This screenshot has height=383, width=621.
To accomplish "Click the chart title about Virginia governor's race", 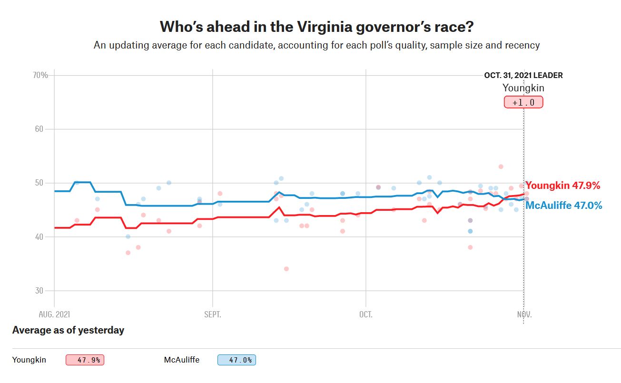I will (x=316, y=27).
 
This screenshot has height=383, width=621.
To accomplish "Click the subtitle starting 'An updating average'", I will (x=316, y=46).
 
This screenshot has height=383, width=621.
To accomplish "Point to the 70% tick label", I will (x=40, y=75).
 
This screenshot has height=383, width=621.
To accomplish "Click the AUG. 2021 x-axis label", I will (x=54, y=314).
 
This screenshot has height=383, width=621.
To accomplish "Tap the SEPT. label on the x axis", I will (x=212, y=314).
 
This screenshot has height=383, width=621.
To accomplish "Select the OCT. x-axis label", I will (x=365, y=314).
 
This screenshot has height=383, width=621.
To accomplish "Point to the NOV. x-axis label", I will (x=524, y=314).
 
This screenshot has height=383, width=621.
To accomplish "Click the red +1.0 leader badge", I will (x=523, y=102).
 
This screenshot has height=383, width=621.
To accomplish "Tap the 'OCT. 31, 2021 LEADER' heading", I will (x=523, y=75).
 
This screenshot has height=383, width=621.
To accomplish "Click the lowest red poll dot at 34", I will (x=286, y=269).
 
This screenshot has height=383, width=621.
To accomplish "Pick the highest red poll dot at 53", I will (x=501, y=167).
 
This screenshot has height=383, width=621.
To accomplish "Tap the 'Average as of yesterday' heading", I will (x=68, y=330).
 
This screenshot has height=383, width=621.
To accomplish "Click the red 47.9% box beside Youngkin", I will (x=85, y=360).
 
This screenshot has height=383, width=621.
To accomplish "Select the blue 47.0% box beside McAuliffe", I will (x=237, y=360).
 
